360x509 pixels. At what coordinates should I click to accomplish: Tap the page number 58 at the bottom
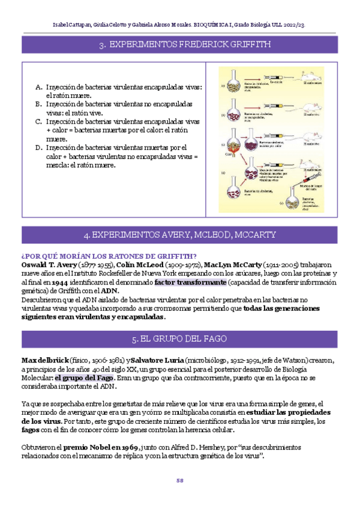point(180,480)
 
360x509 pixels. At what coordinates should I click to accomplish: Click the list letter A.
point(39,86)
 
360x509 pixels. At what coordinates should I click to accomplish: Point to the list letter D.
point(39,147)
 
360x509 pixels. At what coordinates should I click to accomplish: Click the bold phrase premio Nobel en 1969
point(101,447)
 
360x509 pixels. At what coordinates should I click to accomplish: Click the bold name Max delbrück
point(45,360)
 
